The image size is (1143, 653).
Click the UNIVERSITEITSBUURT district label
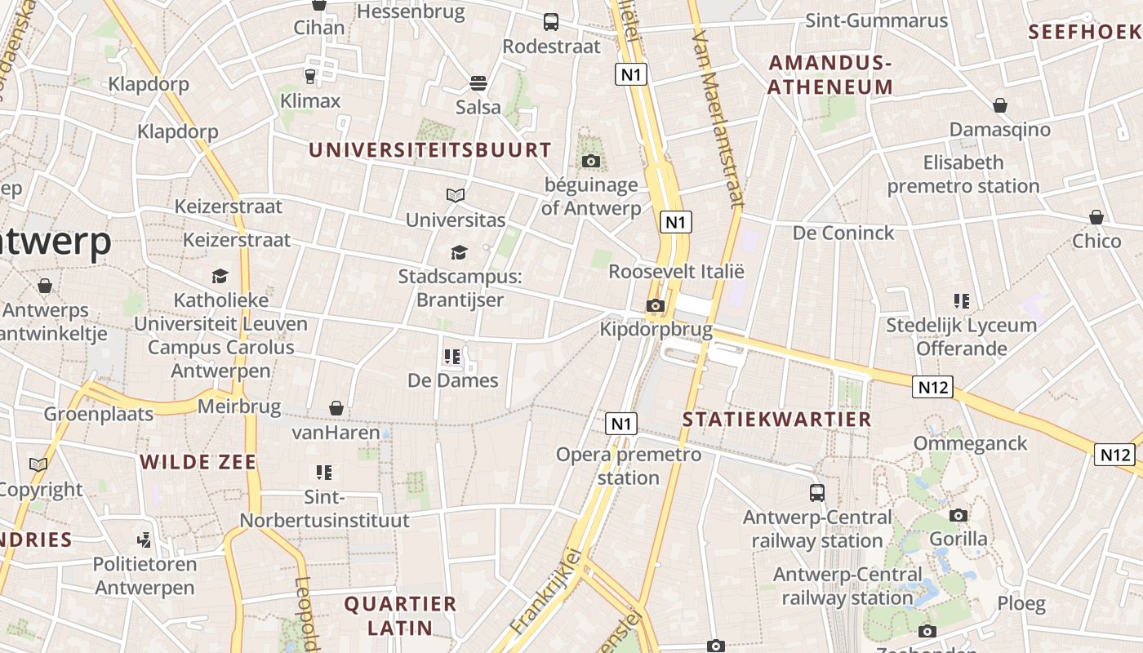point(430,150)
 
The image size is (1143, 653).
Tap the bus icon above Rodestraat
point(551,22)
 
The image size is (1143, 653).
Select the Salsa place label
point(478,107)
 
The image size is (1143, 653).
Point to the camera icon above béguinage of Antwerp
point(591,161)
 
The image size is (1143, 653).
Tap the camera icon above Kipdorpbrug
point(655,306)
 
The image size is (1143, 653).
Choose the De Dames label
point(452,380)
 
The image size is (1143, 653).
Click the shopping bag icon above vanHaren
point(336,407)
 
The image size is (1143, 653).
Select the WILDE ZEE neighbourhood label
point(198,462)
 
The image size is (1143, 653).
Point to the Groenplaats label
point(99,414)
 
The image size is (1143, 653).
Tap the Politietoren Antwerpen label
point(145,575)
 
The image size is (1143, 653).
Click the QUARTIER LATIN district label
point(400,615)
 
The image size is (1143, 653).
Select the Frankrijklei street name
point(546,592)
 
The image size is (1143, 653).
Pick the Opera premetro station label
point(628,465)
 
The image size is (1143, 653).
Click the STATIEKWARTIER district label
point(776,420)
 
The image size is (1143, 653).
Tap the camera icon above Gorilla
point(958,515)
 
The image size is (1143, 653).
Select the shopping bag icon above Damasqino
point(1000,105)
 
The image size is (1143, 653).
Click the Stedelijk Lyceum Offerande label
point(962,336)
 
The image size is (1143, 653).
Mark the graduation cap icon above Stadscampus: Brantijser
point(459,252)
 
